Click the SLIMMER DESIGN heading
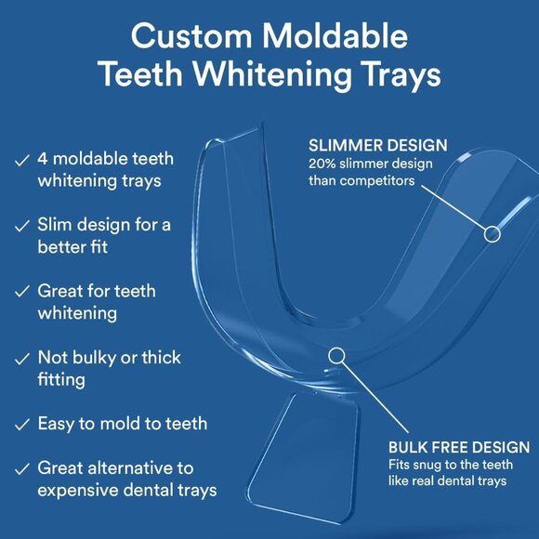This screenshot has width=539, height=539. coord(377,145)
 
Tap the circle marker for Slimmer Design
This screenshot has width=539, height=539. coord(493,233)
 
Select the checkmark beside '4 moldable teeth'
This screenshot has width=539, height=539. coord(21,160)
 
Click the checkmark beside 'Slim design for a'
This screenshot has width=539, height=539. coord(21,226)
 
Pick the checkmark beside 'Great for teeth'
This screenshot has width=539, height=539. coord(21,292)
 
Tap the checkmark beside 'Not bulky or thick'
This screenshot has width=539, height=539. coord(21,358)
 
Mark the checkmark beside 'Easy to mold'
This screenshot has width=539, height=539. coord(21,424)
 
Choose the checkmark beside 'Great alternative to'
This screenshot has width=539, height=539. coord(21,468)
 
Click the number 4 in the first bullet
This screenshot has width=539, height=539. coord(44,159)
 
